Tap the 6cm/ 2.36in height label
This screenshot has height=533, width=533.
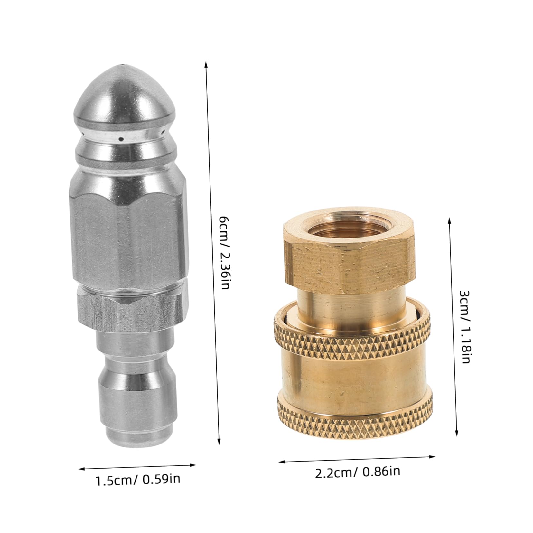pyautogui.click(x=225, y=253)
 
